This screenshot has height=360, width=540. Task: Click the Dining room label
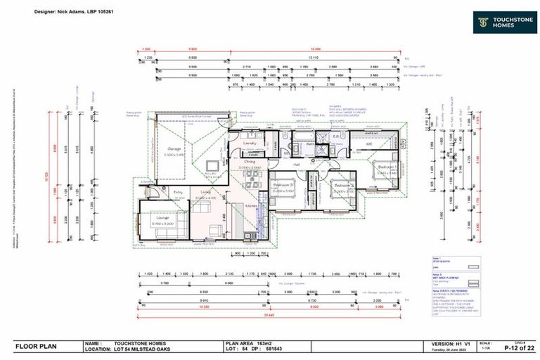pyautogui.click(x=250, y=162)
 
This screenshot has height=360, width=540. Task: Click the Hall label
pyautogui.click(x=297, y=165)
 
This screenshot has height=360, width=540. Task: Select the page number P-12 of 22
pyautogui.click(x=515, y=348)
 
